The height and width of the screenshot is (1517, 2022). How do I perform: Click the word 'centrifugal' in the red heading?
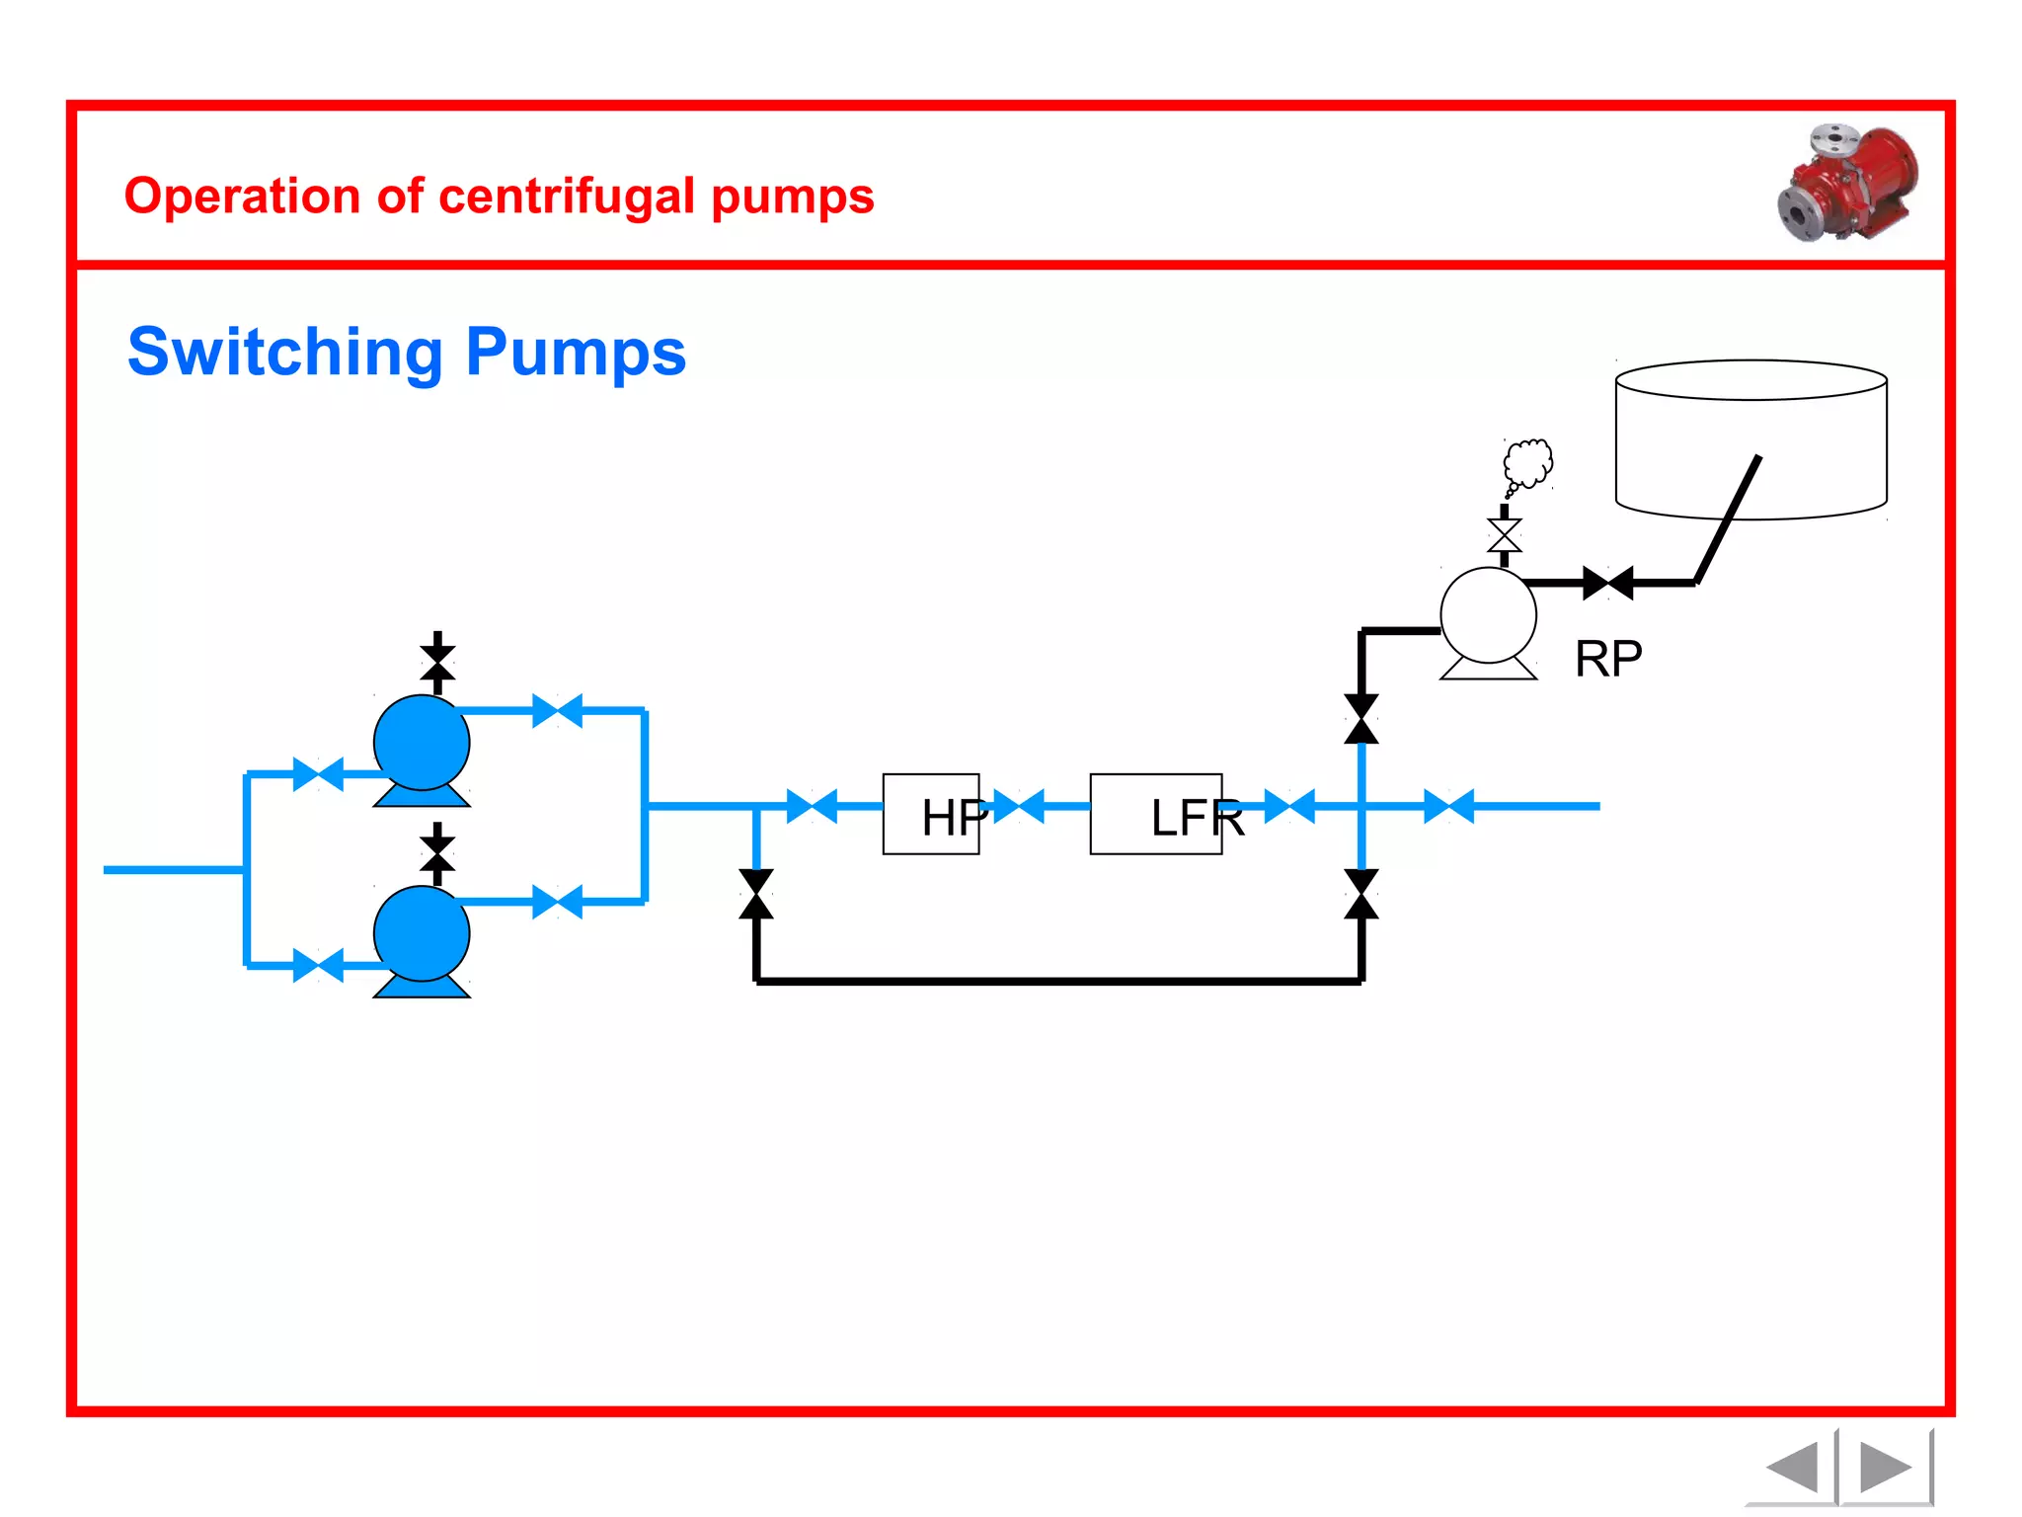(567, 197)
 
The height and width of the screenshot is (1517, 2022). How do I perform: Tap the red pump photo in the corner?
(1847, 183)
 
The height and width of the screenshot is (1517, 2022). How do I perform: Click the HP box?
(931, 814)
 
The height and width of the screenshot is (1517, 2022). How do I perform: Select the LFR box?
(1156, 814)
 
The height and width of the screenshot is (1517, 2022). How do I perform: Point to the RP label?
(1608, 659)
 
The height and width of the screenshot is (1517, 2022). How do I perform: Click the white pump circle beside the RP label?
(1488, 615)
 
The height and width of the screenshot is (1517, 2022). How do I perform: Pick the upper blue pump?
(422, 743)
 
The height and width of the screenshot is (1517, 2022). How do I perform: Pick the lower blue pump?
(422, 934)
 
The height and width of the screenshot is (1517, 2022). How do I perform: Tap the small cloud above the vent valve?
(1527, 463)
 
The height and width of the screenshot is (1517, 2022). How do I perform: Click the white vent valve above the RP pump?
(1504, 535)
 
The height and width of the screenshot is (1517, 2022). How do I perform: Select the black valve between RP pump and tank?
(1607, 583)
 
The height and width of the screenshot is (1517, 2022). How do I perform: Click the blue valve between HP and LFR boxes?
(1019, 806)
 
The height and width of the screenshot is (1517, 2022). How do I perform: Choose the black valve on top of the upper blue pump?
(437, 663)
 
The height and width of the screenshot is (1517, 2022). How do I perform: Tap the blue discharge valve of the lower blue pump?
(557, 902)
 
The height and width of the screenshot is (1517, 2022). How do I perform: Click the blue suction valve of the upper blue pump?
(318, 774)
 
